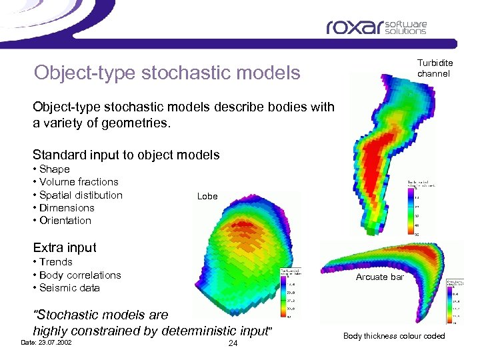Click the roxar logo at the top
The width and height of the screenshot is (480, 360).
376,27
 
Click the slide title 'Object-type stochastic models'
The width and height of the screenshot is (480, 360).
167,72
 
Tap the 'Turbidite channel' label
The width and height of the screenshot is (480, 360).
435,69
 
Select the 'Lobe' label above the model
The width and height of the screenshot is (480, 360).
207,196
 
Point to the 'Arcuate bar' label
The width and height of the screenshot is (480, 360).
380,277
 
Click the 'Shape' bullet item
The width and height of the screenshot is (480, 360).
54,169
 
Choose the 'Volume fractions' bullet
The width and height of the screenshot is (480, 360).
78,182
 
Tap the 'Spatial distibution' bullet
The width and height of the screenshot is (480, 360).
80,195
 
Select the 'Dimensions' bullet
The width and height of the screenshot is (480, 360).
66,208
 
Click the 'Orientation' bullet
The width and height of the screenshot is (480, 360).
65,221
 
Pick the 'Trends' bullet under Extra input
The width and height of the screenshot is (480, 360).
55,262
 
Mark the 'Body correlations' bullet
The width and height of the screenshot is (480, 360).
79,275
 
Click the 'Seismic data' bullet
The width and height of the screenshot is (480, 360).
69,288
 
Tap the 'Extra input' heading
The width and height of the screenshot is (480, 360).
65,247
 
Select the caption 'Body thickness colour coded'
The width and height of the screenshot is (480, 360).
393,336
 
